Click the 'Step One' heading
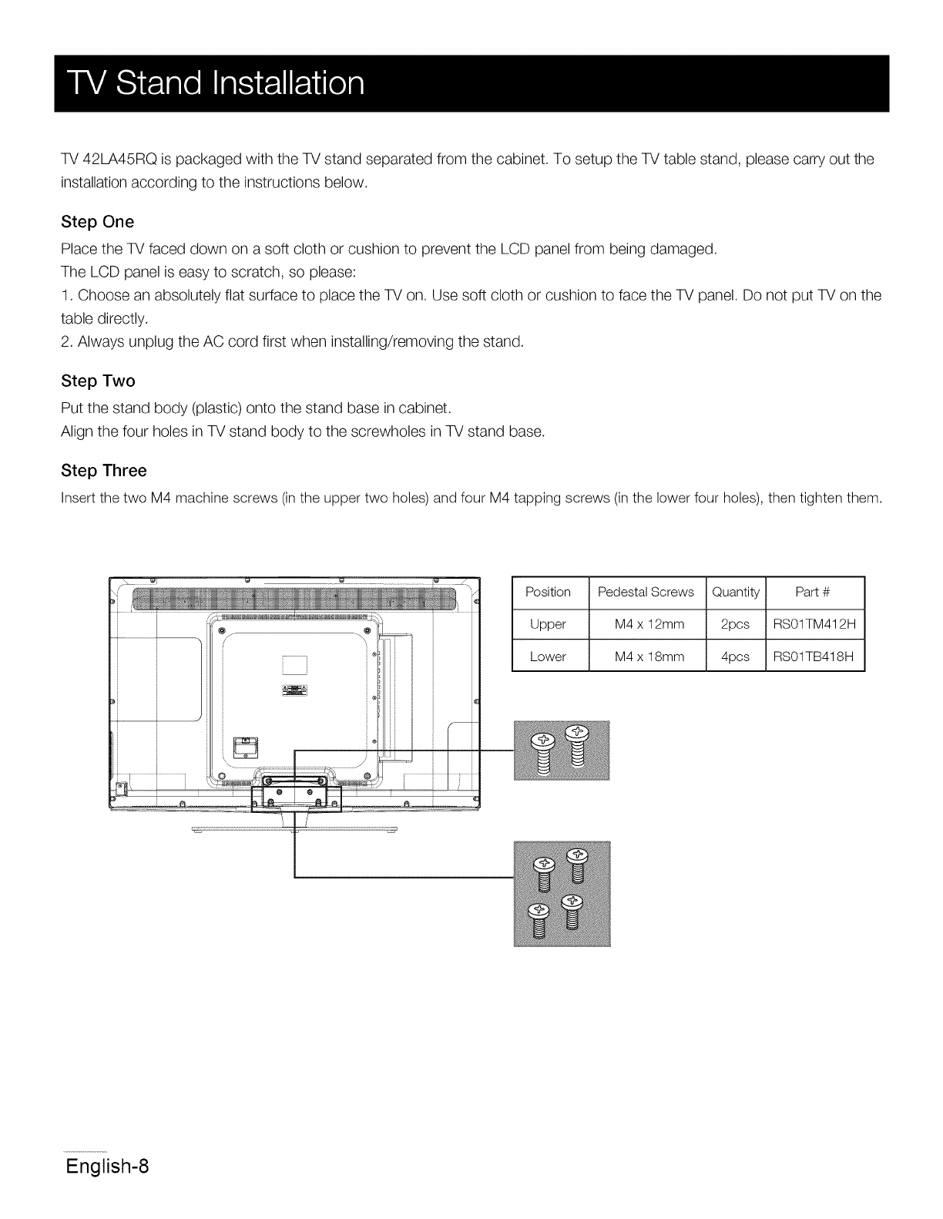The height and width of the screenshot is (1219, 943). coord(97,222)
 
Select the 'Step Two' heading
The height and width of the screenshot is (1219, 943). coord(98,381)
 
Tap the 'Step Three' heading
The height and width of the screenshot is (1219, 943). coord(103,470)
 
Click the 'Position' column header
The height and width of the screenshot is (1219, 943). coord(548,592)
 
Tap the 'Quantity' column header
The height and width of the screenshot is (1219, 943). coord(736,592)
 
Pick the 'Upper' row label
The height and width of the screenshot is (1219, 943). coord(548,624)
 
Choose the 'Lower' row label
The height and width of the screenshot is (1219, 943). coord(548,657)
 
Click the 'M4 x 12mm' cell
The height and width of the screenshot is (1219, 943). coord(649,624)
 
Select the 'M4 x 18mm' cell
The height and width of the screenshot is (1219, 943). coord(649,657)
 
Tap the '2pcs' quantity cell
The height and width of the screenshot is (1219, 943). coord(735,624)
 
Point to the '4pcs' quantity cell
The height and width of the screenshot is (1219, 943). coord(735,657)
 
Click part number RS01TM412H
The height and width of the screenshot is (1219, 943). coord(814,624)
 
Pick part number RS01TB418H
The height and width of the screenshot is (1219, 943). coord(814,657)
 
